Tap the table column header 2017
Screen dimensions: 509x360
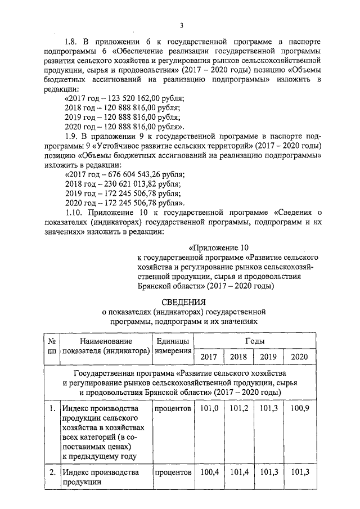pos(208,357)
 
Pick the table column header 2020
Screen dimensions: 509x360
pos(299,357)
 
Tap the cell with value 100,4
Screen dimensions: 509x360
pos(208,472)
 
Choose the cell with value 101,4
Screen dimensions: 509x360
pos(238,472)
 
